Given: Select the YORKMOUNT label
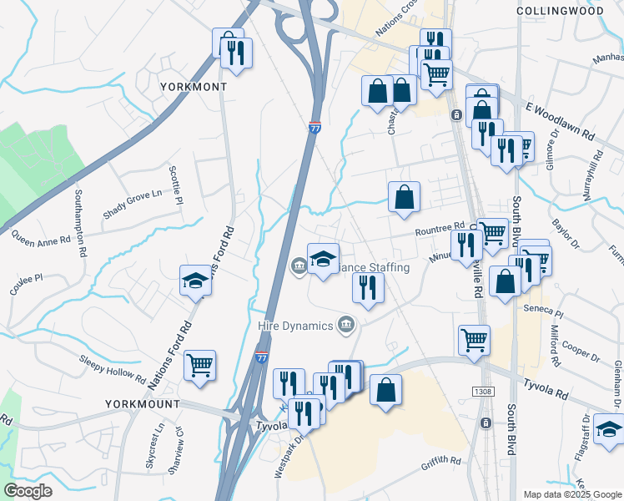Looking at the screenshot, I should tap(143, 404).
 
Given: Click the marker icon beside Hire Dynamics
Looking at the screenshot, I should tap(345, 325).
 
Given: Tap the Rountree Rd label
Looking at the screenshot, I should tap(439, 228).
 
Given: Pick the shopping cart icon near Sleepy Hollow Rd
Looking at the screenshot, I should tap(200, 364).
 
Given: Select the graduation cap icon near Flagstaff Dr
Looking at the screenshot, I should tap(610, 430).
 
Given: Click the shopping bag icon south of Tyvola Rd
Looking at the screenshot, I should tap(385, 389).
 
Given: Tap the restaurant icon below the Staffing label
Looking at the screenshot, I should tap(368, 287).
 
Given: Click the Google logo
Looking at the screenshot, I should tap(28, 491).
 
